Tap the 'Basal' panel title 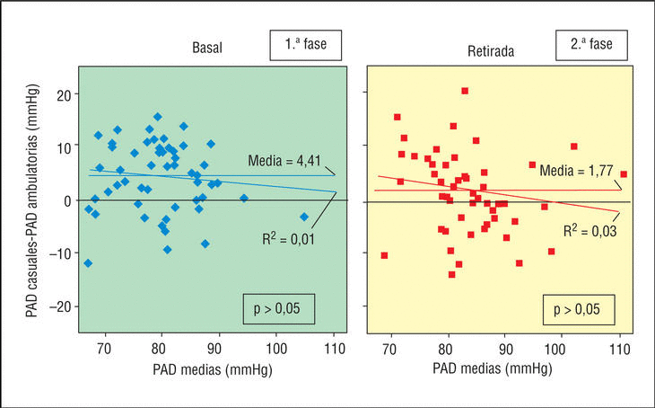207,50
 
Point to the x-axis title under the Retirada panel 492,369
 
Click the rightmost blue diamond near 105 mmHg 304,217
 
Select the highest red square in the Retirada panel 465,91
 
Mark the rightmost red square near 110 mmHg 624,174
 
